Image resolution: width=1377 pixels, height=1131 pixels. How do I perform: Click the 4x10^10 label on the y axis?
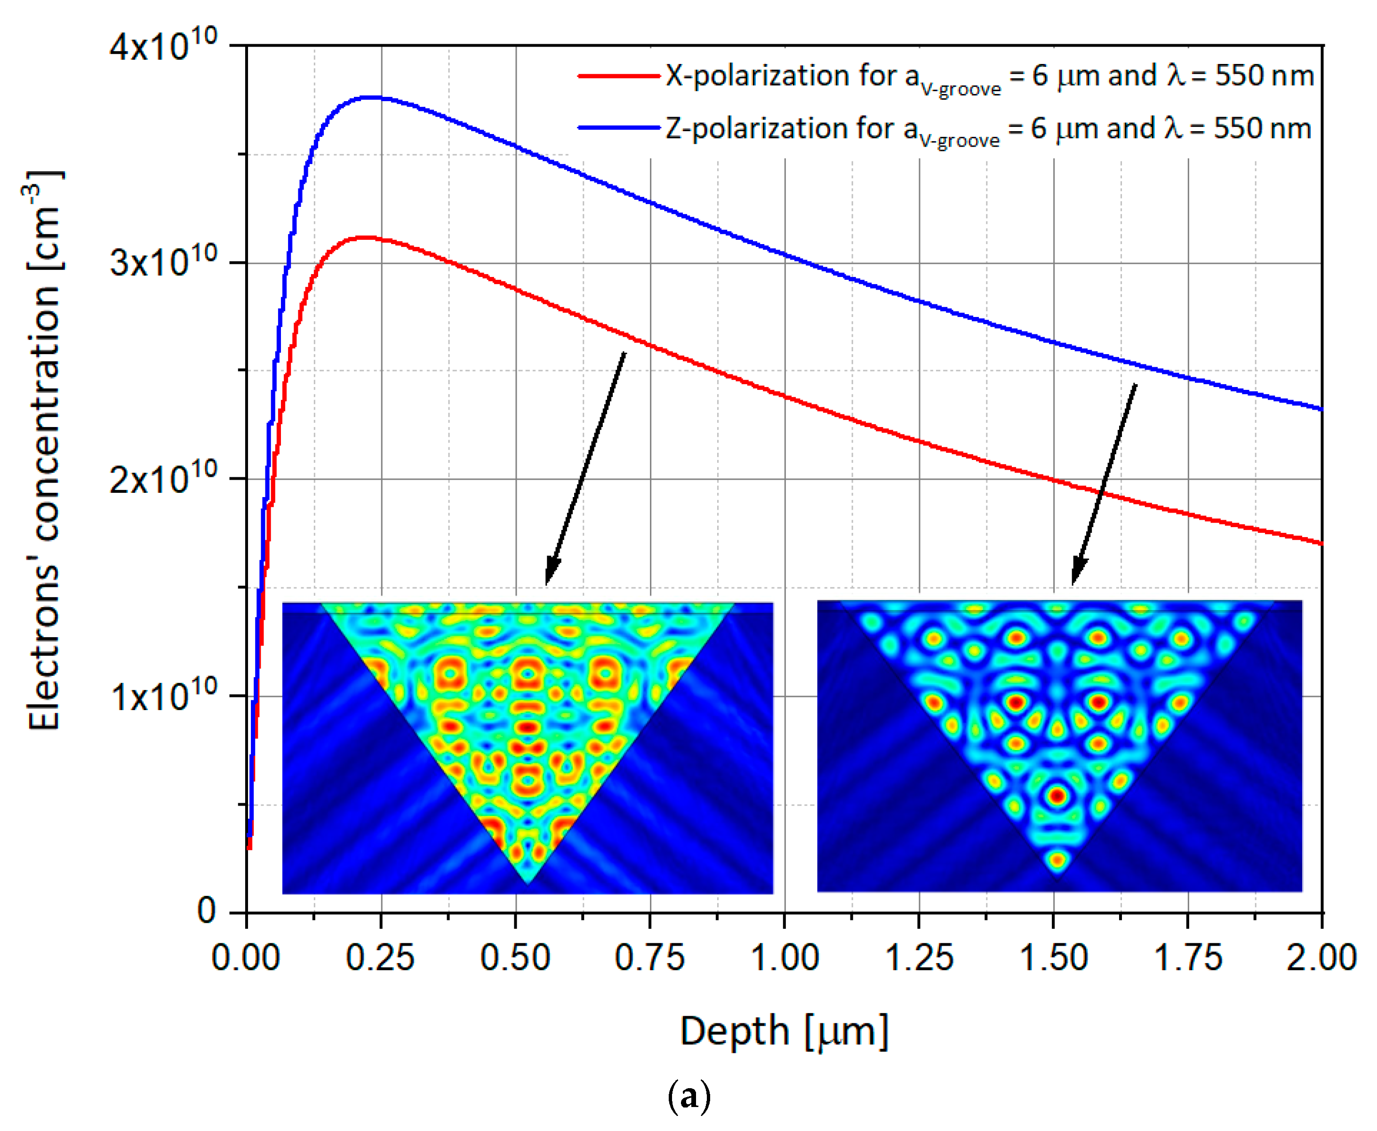point(163,47)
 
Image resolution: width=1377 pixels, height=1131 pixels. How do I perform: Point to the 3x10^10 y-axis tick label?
point(163,263)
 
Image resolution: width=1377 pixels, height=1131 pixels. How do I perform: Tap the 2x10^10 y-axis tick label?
point(163,481)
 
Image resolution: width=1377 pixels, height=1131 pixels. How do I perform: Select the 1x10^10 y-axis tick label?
point(163,697)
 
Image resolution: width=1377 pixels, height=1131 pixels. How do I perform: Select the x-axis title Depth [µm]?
point(785,1031)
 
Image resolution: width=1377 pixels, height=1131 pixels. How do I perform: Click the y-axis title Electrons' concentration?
point(44,450)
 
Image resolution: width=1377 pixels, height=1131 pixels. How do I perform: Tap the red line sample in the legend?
point(618,76)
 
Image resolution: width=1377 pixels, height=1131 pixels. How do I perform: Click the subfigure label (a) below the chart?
point(689,1097)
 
